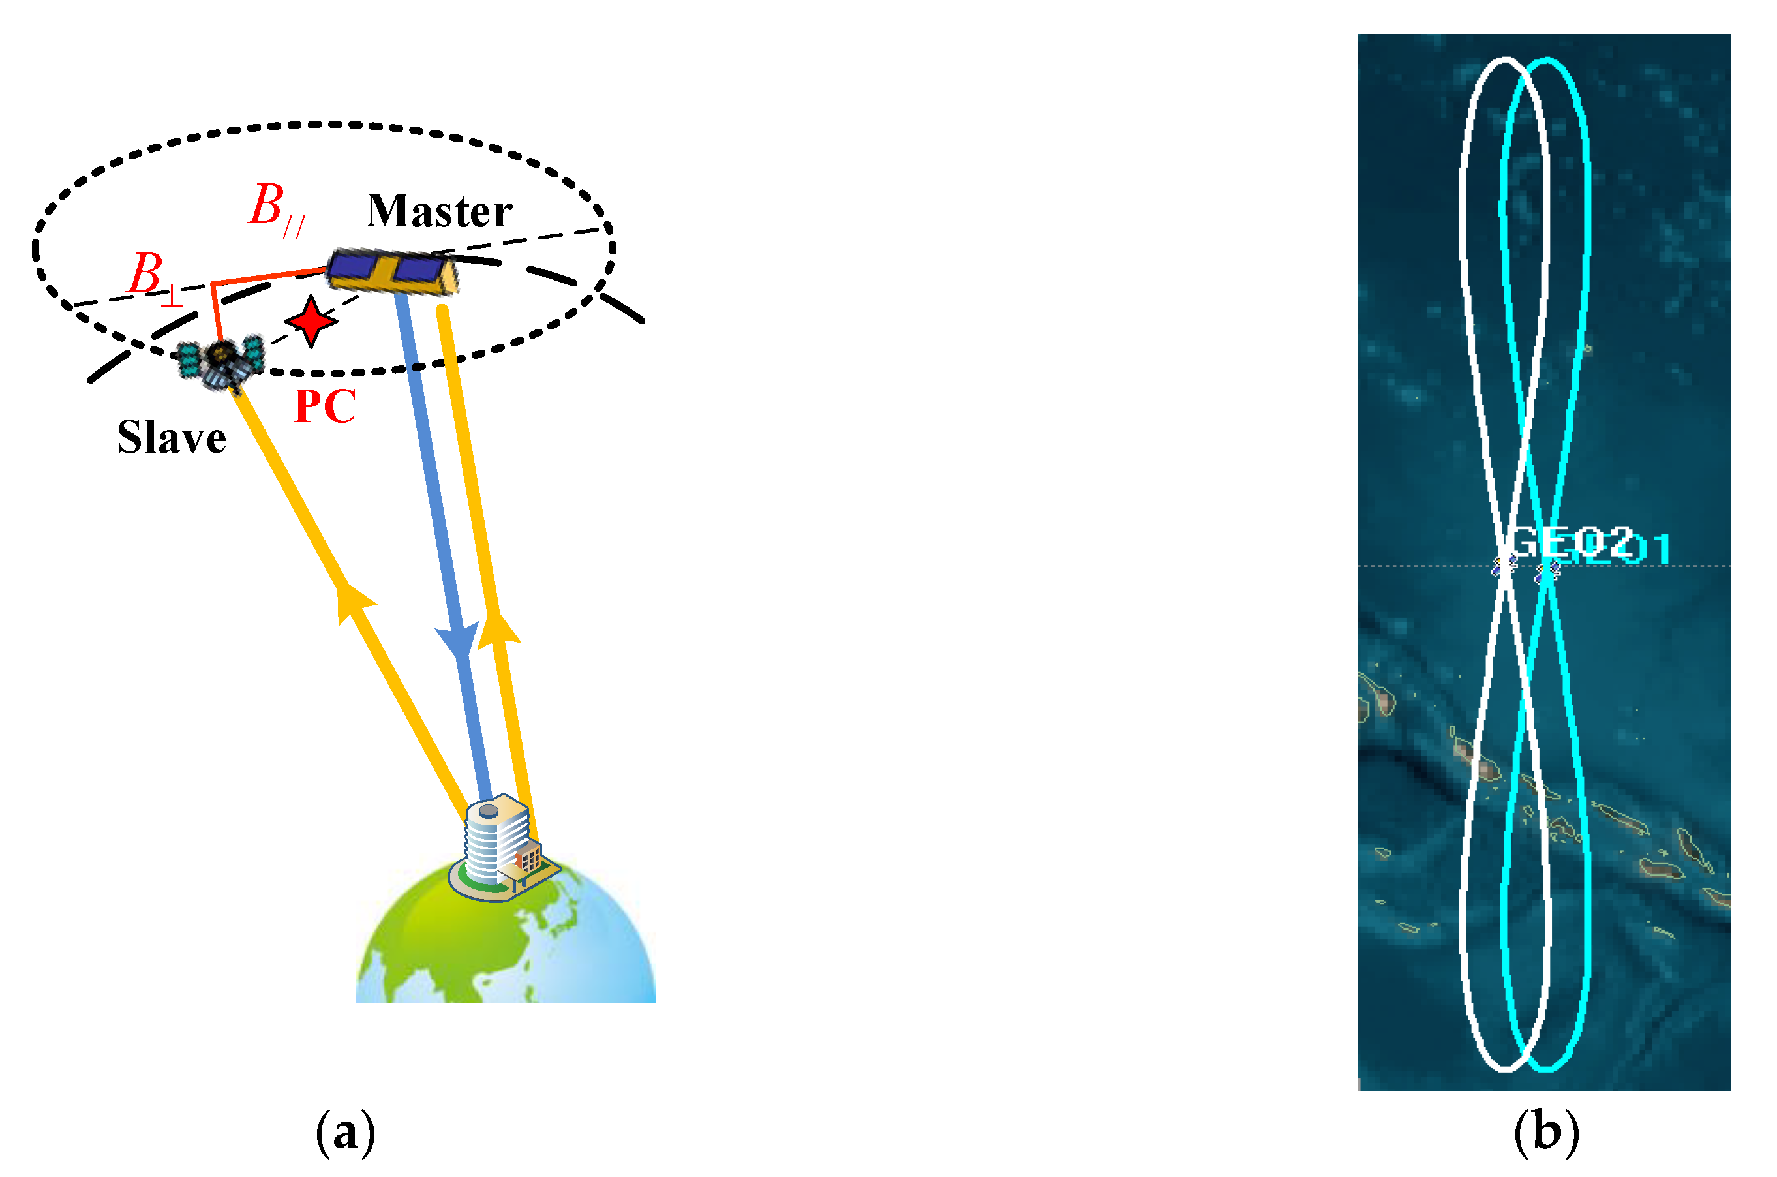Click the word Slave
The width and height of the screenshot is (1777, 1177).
(x=171, y=438)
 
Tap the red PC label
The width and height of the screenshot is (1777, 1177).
(x=324, y=407)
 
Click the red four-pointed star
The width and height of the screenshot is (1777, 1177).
(x=310, y=321)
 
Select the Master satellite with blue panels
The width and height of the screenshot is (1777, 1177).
(x=391, y=271)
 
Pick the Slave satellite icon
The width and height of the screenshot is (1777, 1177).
(x=221, y=363)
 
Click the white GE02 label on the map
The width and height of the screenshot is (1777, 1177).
(x=1570, y=542)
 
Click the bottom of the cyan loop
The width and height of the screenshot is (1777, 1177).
(x=1547, y=1067)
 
